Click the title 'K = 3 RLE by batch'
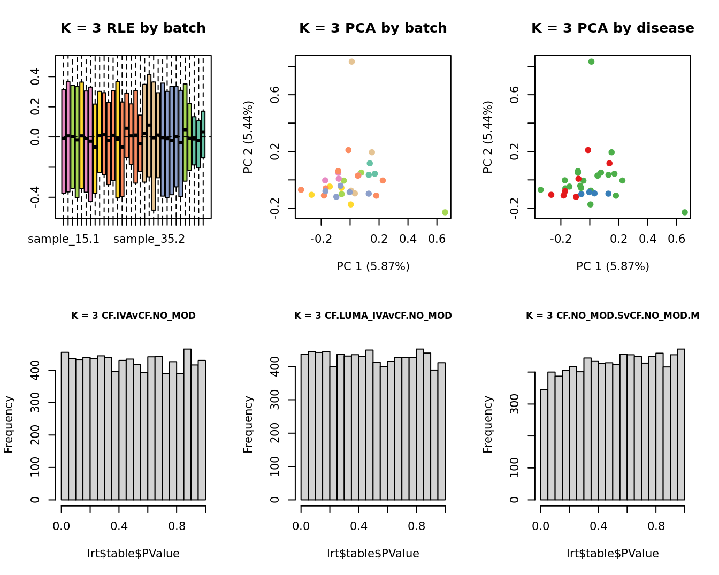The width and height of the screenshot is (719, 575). click(133, 28)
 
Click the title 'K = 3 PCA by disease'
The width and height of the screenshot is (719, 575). click(613, 28)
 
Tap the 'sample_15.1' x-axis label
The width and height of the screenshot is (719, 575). click(64, 239)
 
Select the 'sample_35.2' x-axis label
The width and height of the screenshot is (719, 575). click(149, 239)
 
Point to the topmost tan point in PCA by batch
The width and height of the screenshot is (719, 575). click(351, 62)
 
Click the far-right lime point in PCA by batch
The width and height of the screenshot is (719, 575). click(445, 212)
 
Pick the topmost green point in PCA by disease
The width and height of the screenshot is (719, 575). click(591, 62)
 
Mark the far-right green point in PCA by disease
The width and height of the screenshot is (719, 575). click(685, 212)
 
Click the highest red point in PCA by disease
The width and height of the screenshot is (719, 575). click(588, 150)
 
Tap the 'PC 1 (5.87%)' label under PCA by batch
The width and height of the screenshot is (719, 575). click(373, 266)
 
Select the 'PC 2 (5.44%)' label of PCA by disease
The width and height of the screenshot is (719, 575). click(487, 137)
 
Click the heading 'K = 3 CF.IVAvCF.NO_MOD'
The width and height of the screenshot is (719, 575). click(133, 316)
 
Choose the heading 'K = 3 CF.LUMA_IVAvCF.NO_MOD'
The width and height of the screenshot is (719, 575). click(373, 316)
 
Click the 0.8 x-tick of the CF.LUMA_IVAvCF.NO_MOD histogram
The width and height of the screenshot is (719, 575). click(416, 526)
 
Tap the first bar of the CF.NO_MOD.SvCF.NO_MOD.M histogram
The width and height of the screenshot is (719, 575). click(544, 444)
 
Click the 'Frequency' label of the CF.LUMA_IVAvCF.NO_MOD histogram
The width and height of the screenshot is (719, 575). click(248, 424)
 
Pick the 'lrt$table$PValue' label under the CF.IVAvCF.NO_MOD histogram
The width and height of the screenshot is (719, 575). click(133, 554)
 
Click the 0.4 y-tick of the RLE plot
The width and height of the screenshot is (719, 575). click(35, 77)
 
